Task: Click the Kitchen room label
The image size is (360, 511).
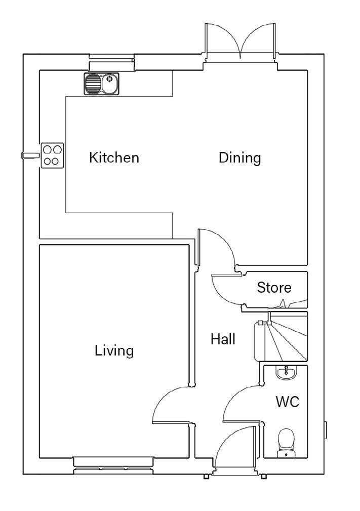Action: point(114,158)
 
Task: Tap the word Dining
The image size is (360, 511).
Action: point(240,158)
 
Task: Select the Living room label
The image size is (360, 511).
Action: point(114,351)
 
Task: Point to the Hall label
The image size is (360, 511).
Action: point(223,339)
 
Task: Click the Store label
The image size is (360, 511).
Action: point(274,288)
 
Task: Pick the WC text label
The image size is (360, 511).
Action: point(288,402)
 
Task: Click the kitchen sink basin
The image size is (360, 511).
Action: point(110,84)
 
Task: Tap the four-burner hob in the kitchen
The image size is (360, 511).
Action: point(52,155)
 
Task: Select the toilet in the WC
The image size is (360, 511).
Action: point(287,443)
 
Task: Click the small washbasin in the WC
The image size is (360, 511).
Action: point(286,373)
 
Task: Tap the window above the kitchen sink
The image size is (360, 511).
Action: point(112,62)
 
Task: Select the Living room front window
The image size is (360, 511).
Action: point(113,466)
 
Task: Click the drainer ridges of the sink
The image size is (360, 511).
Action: point(93,84)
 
